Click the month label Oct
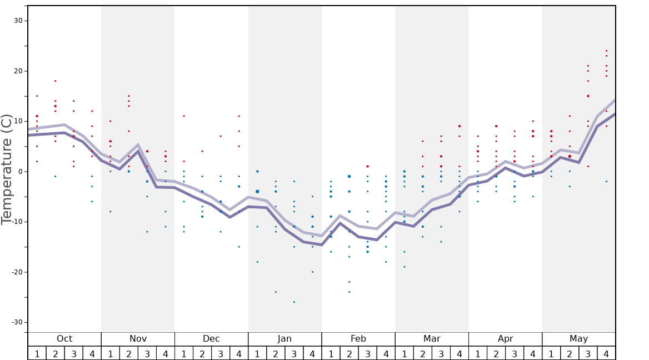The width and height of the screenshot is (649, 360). [64, 339]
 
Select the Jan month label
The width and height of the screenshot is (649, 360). [284, 339]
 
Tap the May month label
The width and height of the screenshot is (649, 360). [578, 339]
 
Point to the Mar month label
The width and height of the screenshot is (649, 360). [432, 339]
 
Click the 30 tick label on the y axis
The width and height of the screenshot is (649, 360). [18, 21]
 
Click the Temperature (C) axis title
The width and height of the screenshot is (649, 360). [7, 169]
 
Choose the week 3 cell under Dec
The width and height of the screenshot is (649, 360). [221, 353]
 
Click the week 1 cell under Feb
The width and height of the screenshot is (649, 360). [331, 353]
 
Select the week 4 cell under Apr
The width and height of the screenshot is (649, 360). [533, 353]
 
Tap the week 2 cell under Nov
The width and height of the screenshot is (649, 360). [129, 353]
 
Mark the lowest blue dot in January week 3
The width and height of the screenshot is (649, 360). [294, 302]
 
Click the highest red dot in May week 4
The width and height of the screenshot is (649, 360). [606, 51]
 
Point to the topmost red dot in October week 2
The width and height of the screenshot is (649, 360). [55, 81]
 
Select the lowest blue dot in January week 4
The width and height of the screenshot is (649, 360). [312, 272]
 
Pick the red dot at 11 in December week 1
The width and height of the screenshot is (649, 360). [184, 116]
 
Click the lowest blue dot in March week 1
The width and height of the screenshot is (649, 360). [404, 267]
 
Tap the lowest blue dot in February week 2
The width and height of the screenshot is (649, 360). [349, 292]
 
